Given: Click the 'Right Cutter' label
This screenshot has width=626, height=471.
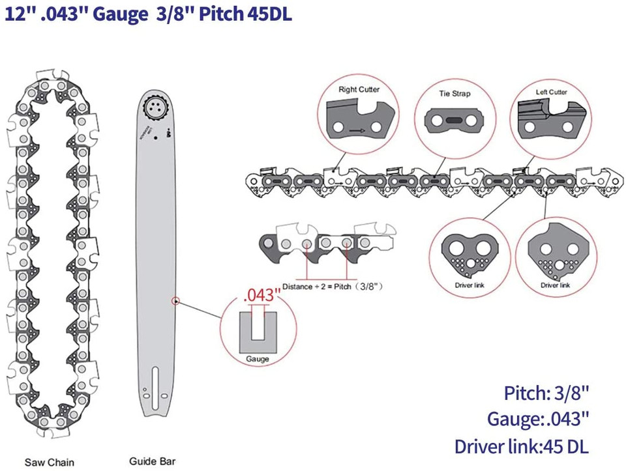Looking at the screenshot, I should pyautogui.click(x=359, y=89).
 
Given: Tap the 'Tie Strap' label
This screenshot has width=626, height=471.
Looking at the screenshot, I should pyautogui.click(x=454, y=94).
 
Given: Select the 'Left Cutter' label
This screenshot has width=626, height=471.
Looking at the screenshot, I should pyautogui.click(x=552, y=93).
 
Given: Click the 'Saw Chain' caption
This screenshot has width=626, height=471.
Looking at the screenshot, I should pyautogui.click(x=50, y=463).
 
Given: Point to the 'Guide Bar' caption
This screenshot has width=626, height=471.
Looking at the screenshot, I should pyautogui.click(x=151, y=461).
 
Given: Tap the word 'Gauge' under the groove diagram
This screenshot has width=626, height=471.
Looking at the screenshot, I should pyautogui.click(x=258, y=359).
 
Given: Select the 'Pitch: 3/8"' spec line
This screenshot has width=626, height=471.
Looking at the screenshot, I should pyautogui.click(x=546, y=393).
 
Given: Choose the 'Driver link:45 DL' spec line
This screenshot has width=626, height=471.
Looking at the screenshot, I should pyautogui.click(x=522, y=446).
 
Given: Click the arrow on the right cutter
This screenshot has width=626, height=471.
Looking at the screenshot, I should pyautogui.click(x=356, y=130).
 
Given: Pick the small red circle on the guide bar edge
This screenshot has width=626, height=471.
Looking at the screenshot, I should pyautogui.click(x=175, y=301).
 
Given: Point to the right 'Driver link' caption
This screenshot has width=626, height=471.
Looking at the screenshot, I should pyautogui.click(x=556, y=285).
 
